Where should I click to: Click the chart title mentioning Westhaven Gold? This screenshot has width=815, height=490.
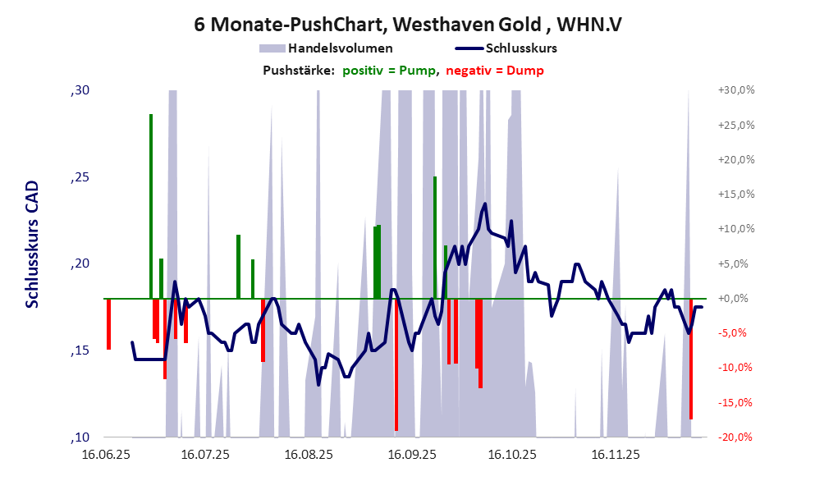point(407,25)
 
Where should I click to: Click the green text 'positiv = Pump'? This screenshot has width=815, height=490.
point(388,71)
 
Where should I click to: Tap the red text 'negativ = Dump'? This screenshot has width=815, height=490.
point(494,71)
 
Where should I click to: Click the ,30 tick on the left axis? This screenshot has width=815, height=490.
point(79,90)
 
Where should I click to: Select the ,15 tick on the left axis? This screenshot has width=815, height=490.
point(79,351)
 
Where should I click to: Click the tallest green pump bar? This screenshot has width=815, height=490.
point(151,205)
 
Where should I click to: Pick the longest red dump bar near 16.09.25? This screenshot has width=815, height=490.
point(396,365)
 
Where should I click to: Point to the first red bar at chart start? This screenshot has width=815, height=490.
point(108,324)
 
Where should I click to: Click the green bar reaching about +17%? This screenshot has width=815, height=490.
point(435,237)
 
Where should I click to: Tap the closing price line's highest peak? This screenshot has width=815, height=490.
point(486,204)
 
